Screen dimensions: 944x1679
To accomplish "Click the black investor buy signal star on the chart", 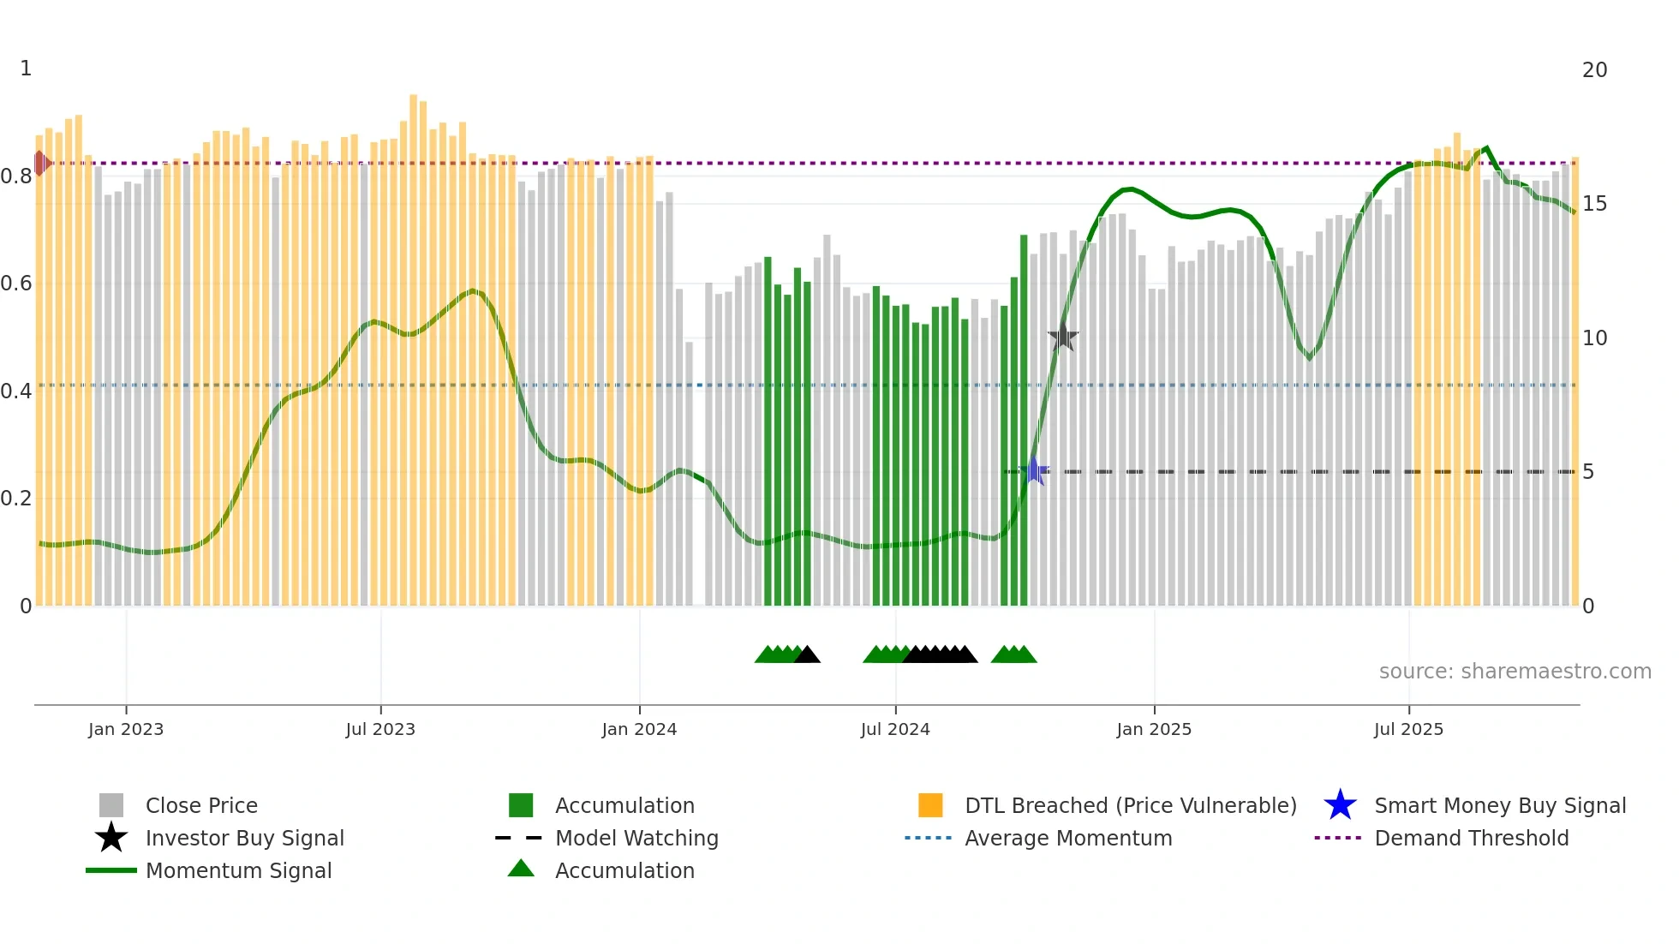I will pos(1062,337).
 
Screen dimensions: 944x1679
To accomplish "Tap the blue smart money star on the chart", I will pos(1034,471).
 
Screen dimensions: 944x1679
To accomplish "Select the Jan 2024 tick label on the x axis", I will pos(639,729).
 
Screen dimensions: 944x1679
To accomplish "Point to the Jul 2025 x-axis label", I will pos(1408,729).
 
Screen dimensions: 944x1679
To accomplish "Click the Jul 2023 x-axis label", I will pos(380,729).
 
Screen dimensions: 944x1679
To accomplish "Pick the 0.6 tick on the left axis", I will pos(17,284).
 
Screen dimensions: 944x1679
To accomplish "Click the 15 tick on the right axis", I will pos(1594,204).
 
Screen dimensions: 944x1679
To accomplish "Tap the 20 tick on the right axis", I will pos(1594,70).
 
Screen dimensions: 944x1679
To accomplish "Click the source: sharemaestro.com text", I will pos(1515,672).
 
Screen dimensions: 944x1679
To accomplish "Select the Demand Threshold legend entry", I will pos(1471,838).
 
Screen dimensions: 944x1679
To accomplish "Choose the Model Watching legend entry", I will pos(636,838).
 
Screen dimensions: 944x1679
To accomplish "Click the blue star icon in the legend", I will pos(1340,805).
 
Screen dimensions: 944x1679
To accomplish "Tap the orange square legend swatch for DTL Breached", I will pos(930,805).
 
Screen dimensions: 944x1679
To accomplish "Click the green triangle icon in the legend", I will pos(521,869).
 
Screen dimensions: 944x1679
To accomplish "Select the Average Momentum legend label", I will pos(1068,838).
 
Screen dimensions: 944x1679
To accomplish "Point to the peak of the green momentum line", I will pos(1486,148).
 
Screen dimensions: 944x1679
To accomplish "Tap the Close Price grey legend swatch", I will pos(111,805).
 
